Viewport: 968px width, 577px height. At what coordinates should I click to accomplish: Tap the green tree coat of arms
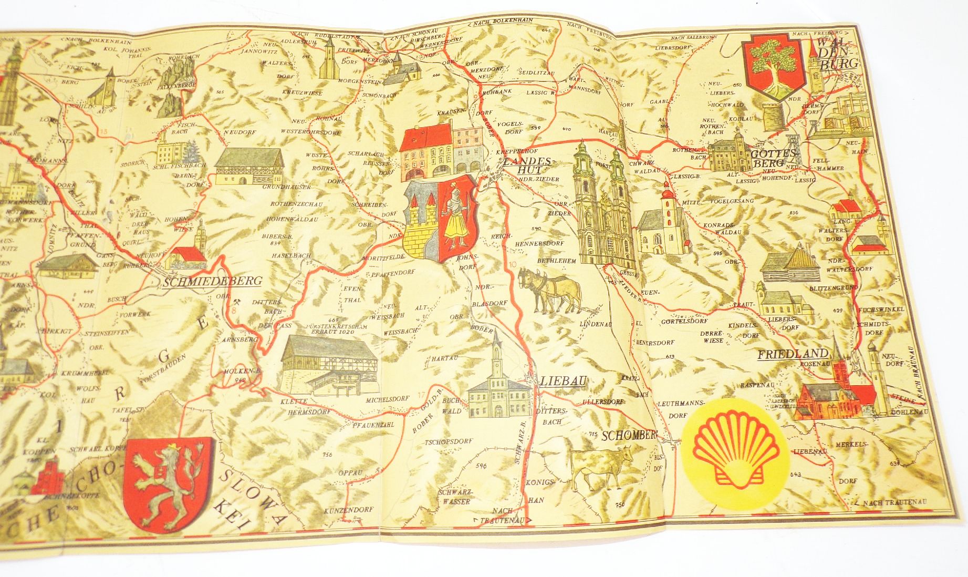771,67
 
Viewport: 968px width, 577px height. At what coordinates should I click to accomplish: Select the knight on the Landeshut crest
456,220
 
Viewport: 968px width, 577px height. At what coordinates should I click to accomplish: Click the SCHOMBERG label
629,436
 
